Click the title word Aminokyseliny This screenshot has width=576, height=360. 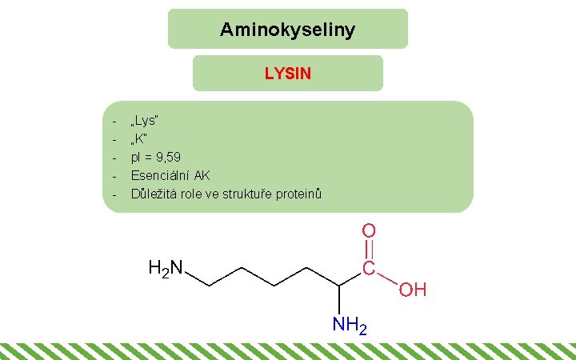[x=287, y=30]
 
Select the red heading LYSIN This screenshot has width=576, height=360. [x=288, y=74]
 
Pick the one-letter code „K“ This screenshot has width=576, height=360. [x=139, y=139]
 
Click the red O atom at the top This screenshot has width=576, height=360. [x=369, y=230]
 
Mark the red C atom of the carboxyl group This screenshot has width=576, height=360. [x=369, y=268]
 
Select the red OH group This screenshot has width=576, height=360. [x=413, y=289]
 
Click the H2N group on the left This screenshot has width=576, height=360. [x=166, y=267]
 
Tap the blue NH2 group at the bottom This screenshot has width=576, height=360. [x=350, y=326]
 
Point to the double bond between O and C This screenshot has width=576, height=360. [x=369, y=249]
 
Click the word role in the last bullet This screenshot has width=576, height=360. [x=197, y=194]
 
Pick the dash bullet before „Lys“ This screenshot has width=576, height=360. [x=115, y=122]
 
